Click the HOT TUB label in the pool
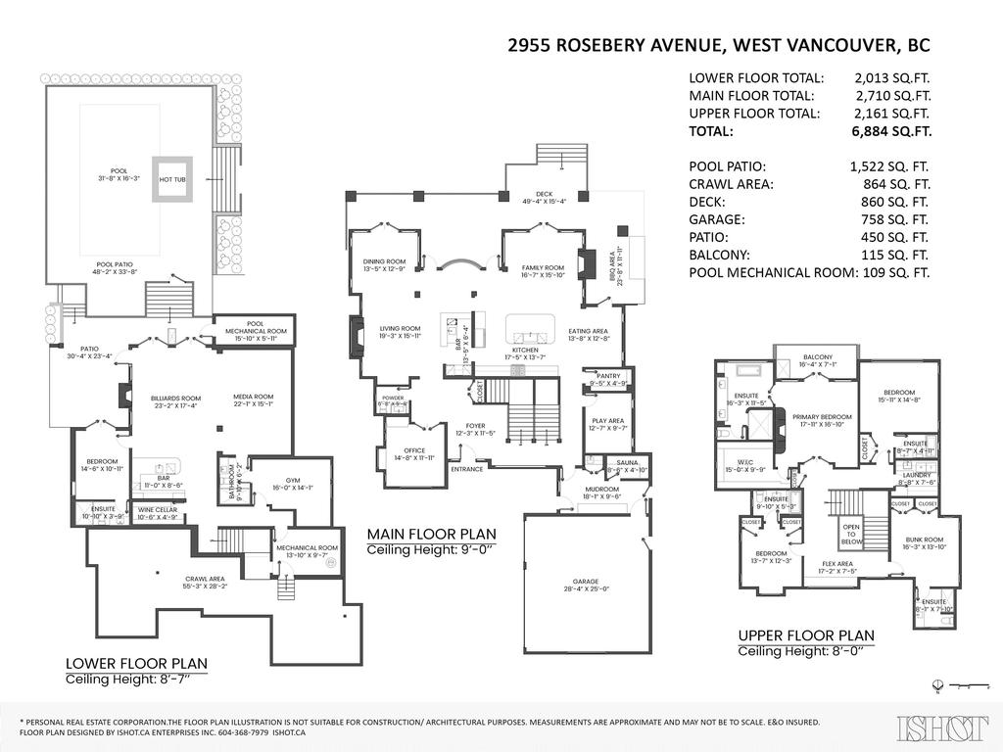click(172, 179)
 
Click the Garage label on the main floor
click(587, 585)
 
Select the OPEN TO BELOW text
click(852, 534)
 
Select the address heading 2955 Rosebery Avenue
click(719, 45)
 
